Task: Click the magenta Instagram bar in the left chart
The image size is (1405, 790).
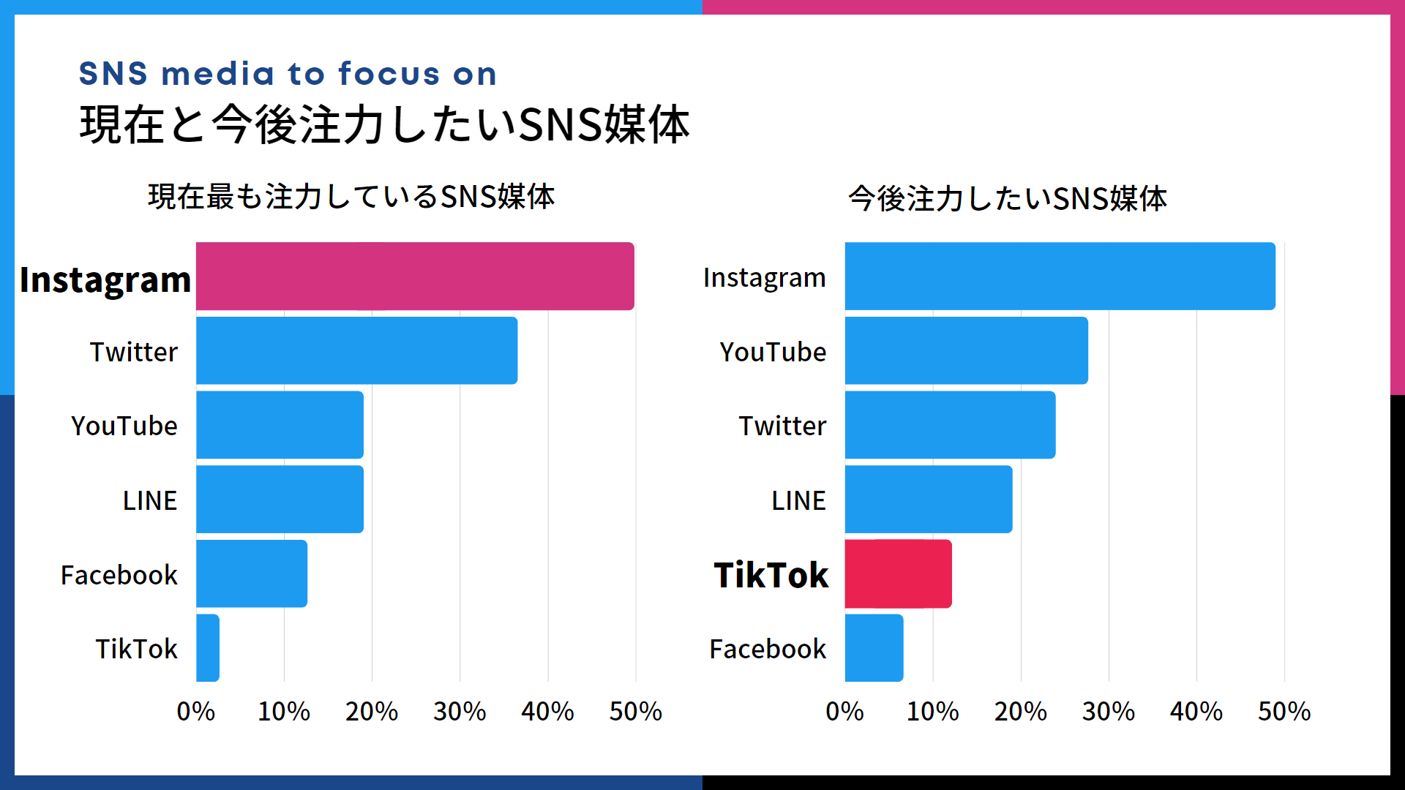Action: pos(415,276)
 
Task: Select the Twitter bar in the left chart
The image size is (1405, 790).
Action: pos(356,350)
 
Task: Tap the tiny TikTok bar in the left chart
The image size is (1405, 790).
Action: pos(208,648)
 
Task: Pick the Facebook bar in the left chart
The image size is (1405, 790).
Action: pos(252,573)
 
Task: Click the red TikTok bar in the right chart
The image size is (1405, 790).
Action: pos(898,574)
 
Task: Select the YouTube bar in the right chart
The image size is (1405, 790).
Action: pos(966,350)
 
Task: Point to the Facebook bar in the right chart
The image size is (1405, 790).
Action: pos(874,648)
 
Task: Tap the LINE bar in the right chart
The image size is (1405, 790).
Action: pos(928,500)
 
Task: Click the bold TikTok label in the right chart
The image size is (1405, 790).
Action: pos(771,575)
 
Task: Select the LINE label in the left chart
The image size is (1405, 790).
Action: pos(150,501)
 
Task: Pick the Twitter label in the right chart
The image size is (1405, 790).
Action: pos(782,426)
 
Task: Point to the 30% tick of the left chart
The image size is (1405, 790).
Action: pos(460,712)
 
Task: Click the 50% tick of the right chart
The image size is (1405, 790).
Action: pos(1284,712)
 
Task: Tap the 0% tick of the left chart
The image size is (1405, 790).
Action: pos(196,712)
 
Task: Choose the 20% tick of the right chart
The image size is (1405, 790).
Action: pos(1020,712)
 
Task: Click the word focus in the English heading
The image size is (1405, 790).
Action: pos(389,74)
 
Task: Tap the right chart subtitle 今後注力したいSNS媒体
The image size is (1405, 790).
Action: pos(1007,199)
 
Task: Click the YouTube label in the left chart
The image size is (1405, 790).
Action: pos(124,426)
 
